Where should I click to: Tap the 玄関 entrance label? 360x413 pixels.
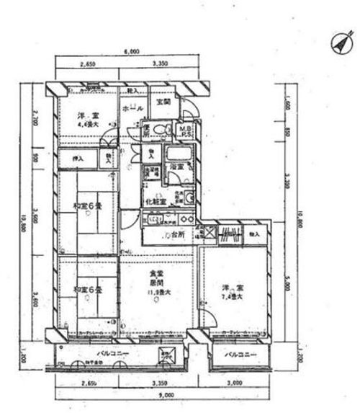[x=163, y=103]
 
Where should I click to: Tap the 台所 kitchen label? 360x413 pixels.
[x=176, y=235]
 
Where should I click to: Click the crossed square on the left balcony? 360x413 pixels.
[x=166, y=354]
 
